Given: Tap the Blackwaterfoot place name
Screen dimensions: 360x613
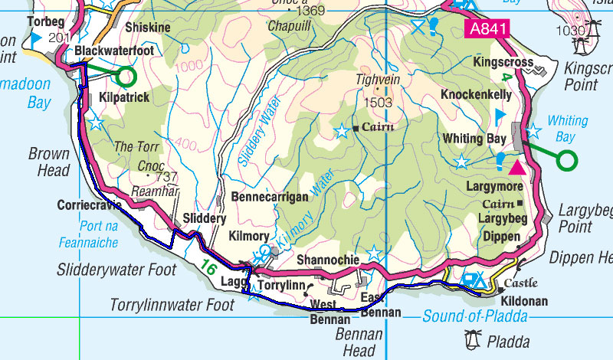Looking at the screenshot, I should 115,51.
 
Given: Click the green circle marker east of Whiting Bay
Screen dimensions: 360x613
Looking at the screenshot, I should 566,160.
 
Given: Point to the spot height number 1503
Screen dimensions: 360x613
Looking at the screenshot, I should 379,102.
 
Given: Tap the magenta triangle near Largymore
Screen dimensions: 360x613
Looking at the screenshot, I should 518,167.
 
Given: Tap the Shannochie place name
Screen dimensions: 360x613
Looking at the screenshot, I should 328,260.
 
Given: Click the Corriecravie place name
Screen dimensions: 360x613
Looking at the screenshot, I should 90,205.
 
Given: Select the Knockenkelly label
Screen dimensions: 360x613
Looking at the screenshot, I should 477,94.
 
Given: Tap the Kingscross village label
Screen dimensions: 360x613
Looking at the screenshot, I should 503,61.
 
